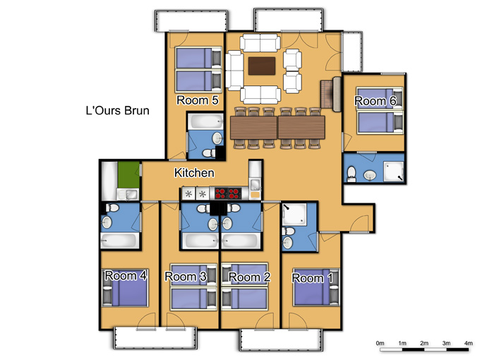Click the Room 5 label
(198, 100)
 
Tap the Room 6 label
(376, 101)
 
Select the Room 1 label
(313, 278)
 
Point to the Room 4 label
(126, 275)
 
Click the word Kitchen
(194, 173)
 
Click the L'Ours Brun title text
(118, 111)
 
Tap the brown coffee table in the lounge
(262, 66)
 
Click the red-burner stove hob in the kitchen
(227, 193)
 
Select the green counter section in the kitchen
(128, 175)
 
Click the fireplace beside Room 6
(330, 94)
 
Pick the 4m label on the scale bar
(468, 343)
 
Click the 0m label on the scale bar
(380, 343)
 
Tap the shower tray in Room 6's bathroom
(394, 172)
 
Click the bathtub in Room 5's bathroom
(205, 121)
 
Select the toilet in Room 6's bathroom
(352, 174)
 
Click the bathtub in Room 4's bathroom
(119, 241)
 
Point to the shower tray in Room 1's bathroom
(294, 215)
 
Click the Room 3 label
(186, 277)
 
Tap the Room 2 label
(249, 277)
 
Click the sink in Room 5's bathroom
(217, 138)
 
